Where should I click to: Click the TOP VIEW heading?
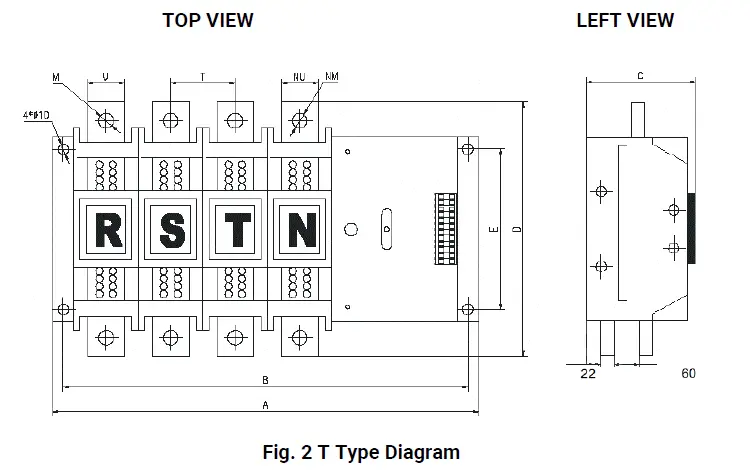[x=208, y=20]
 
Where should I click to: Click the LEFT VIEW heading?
[x=625, y=20]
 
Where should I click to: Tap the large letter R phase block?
[x=107, y=229]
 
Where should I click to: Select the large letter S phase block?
[x=172, y=229]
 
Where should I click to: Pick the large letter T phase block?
[x=237, y=229]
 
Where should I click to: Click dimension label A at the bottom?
[x=265, y=405]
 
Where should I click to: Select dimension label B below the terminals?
[x=265, y=380]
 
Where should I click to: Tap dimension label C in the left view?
[x=640, y=75]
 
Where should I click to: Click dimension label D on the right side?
[x=516, y=229]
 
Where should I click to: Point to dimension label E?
[x=492, y=229]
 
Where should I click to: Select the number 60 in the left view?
[x=688, y=374]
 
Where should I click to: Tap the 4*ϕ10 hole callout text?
[x=64, y=115]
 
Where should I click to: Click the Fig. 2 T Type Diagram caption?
[x=361, y=452]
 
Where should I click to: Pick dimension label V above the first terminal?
[x=106, y=75]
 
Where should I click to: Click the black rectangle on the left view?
[x=691, y=227]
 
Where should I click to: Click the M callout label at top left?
[x=56, y=75]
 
